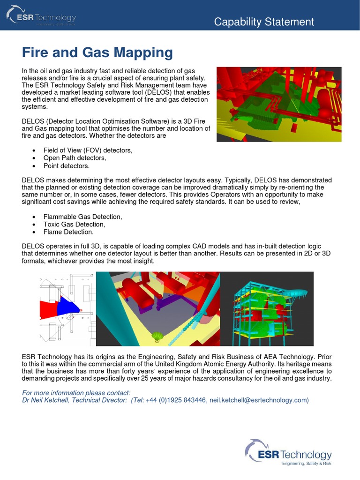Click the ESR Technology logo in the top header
click(x=41, y=18)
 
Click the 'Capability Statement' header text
click(x=264, y=22)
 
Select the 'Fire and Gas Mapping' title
click(x=97, y=52)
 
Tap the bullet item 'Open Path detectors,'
click(x=75, y=158)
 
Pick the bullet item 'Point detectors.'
click(x=66, y=166)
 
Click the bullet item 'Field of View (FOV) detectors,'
click(x=88, y=150)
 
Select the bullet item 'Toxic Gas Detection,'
click(x=74, y=224)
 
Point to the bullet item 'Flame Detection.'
click(x=68, y=232)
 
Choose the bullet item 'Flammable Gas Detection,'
click(x=82, y=217)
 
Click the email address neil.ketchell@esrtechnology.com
click(x=258, y=400)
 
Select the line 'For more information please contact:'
click(x=76, y=392)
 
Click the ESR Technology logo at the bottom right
click(x=288, y=452)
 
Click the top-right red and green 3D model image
click(x=278, y=104)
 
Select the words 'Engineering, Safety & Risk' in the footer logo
click(x=306, y=464)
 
